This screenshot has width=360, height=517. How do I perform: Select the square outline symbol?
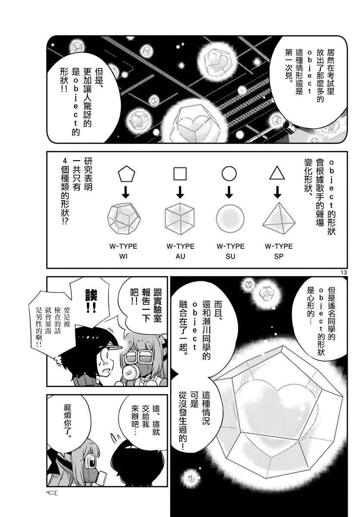click(x=180, y=174)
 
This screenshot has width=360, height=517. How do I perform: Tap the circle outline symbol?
click(x=229, y=174)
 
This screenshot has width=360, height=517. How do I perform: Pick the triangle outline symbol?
click(x=277, y=173)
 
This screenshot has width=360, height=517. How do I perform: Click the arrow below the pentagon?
click(x=126, y=192)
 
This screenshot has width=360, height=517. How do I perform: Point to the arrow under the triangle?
click(x=277, y=192)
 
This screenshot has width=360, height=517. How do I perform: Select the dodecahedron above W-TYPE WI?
click(x=124, y=218)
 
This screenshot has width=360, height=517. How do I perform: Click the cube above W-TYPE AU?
click(x=180, y=218)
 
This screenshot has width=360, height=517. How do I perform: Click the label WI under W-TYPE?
click(x=124, y=256)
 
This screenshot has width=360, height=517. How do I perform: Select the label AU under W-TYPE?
click(x=180, y=256)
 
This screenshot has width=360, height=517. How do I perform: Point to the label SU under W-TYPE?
click(x=230, y=256)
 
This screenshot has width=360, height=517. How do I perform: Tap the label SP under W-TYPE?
click(x=279, y=256)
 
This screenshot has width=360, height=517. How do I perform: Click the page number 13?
click(x=343, y=273)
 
